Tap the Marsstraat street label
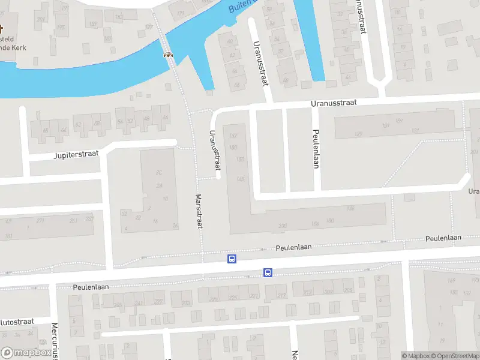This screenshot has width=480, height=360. coord(199,211)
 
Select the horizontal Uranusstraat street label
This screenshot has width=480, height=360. coord(334,103)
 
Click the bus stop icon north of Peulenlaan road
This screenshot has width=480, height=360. coord(232,259)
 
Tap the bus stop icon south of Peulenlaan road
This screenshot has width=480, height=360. coord(268,273)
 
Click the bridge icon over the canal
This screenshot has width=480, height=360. coord(168,54)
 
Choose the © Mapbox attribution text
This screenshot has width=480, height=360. coord(415,356)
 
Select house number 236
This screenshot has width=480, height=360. coord(283,226)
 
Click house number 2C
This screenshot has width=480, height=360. coord(159,173)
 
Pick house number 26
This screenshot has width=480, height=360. coord(175,226)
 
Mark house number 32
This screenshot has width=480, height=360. coord(124,212)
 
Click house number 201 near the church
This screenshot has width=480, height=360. coord(41,19)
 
